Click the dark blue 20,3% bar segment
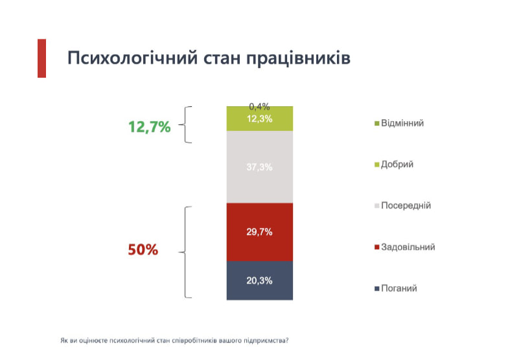260,280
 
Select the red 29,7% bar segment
260,232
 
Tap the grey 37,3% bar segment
260,167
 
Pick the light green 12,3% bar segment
260,119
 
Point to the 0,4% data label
259,107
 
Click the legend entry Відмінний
399,123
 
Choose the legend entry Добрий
394,164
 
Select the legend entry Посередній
402,206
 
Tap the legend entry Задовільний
405,247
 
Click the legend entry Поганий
396,289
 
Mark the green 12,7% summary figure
149,127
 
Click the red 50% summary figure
143,249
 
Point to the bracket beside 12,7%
185,124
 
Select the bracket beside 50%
185,252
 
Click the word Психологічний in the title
132,58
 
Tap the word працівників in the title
298,58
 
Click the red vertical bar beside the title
41,58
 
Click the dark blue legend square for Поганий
377,289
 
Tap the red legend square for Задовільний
377,247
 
